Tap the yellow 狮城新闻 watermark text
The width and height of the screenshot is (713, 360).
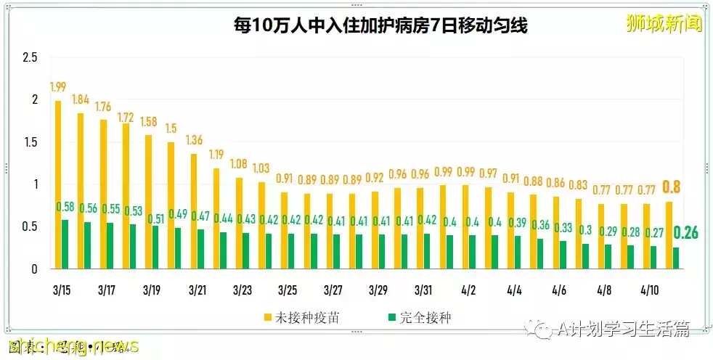(664, 24)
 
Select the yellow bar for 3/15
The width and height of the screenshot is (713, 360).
(57, 185)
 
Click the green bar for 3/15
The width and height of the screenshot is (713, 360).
(65, 245)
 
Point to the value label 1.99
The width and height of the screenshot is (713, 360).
(58, 87)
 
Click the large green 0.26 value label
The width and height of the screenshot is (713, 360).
(685, 233)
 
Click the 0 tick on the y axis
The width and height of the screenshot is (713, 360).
(34, 269)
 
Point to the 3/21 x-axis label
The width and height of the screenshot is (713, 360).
(197, 290)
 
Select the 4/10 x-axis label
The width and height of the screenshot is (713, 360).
(649, 290)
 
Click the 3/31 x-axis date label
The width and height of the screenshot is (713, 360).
(423, 290)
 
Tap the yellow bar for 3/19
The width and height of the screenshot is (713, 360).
(148, 202)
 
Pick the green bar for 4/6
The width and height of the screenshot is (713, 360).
(563, 255)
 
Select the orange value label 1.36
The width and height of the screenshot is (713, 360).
(194, 140)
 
